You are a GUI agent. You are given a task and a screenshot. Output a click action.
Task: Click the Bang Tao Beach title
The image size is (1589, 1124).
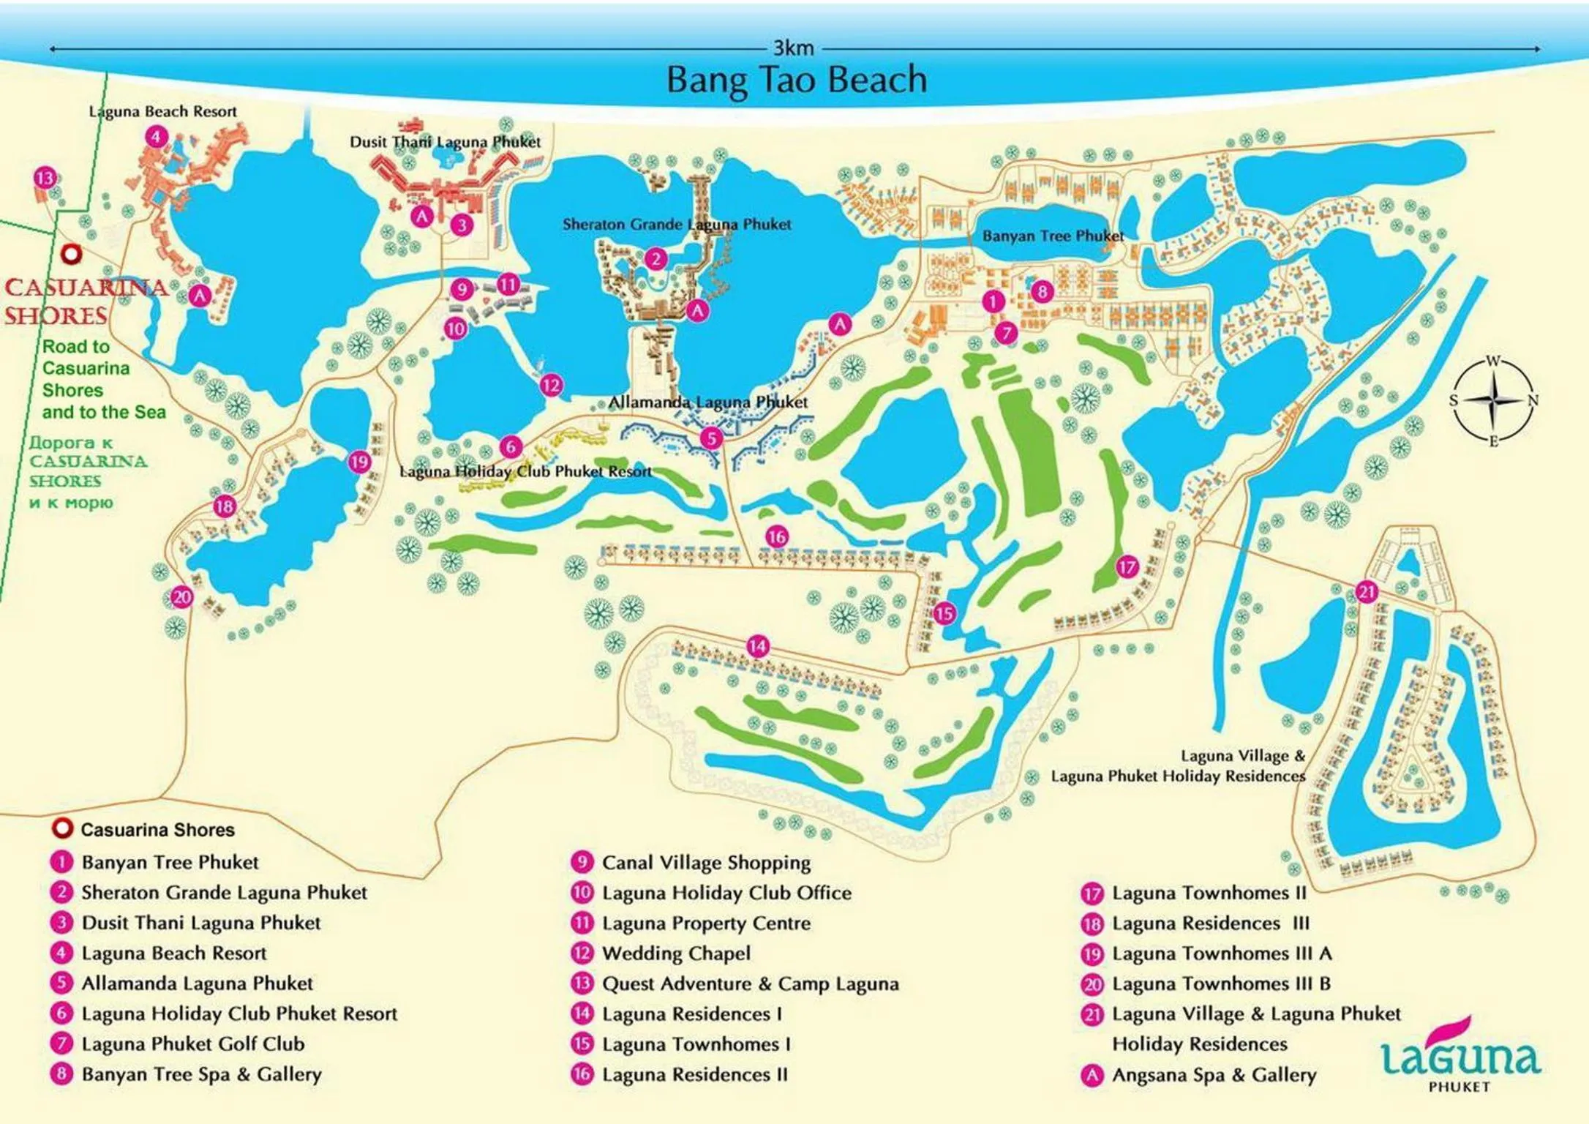(796, 80)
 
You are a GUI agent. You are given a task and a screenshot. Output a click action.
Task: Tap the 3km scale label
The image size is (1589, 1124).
(793, 48)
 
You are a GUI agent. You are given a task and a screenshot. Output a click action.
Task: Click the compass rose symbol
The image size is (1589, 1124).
(1493, 400)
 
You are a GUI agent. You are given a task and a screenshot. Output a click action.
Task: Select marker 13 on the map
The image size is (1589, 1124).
(45, 178)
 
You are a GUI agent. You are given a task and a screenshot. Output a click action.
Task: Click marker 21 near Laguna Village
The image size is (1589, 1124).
(1367, 591)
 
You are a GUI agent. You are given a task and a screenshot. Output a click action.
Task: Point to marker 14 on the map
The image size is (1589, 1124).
(757, 646)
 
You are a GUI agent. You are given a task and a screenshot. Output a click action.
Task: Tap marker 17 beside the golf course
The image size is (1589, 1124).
(1127, 566)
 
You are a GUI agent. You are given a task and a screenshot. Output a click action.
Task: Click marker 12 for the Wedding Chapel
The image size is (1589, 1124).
(551, 385)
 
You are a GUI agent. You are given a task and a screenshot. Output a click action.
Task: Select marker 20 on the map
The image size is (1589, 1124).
(181, 597)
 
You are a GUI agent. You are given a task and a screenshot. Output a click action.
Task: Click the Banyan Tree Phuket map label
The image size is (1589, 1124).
(1052, 236)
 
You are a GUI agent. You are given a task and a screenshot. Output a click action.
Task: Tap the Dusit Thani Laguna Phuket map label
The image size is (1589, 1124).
(445, 142)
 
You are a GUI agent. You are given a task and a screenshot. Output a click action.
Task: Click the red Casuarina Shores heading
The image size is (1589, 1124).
(84, 301)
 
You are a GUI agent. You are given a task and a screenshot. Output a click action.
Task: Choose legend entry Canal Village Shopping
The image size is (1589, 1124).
(705, 863)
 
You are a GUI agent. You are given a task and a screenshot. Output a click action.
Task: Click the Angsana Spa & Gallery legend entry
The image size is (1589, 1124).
(1213, 1075)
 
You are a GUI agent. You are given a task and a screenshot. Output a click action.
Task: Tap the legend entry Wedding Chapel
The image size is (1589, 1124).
(675, 953)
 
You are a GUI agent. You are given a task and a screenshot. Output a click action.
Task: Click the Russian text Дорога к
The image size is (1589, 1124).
(71, 443)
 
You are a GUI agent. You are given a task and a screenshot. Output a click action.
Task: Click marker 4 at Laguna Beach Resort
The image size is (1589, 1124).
(156, 136)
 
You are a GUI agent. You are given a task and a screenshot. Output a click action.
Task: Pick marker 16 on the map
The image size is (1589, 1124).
(776, 536)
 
